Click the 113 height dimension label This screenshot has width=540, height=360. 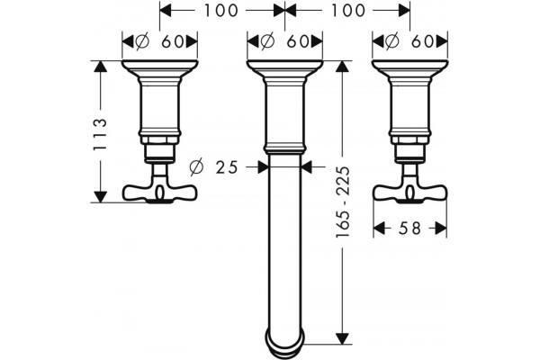(x=101, y=134)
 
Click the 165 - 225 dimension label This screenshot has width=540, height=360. (x=343, y=202)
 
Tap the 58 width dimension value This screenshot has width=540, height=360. (x=409, y=228)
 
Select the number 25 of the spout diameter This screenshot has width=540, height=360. (x=227, y=167)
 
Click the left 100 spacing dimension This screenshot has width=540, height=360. (x=221, y=10)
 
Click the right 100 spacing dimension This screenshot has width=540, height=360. (x=347, y=10)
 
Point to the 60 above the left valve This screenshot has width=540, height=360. (x=172, y=41)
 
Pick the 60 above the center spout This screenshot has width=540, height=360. (x=298, y=41)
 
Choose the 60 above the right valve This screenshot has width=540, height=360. (x=423, y=41)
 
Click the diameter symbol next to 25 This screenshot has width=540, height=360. (x=196, y=167)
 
